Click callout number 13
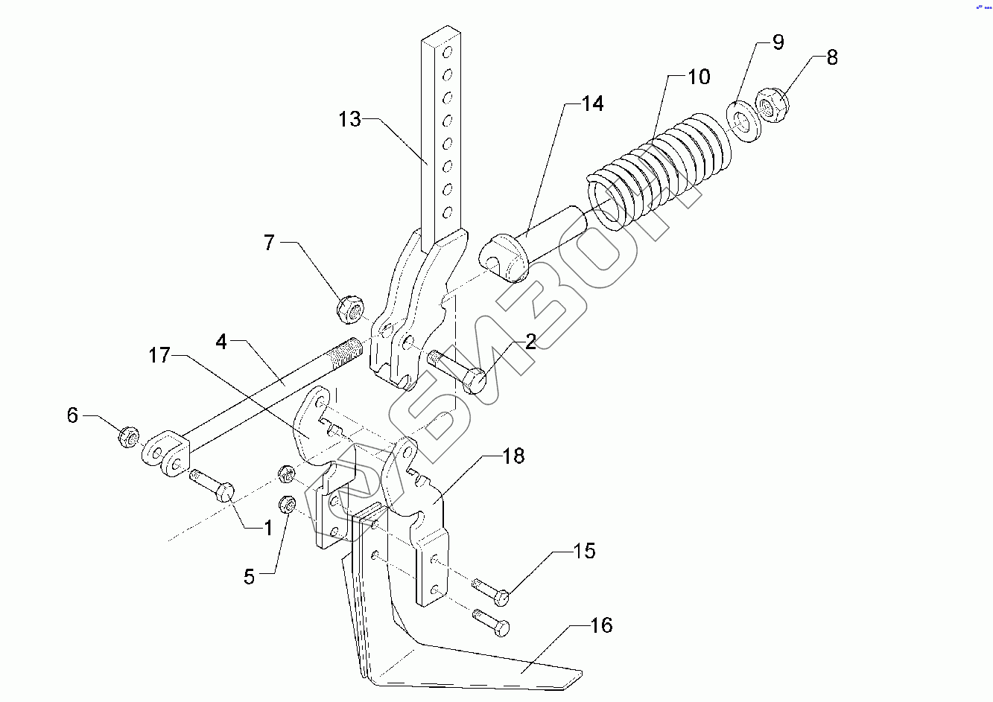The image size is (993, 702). (350, 119)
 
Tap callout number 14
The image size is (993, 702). (593, 103)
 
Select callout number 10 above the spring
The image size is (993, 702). (699, 77)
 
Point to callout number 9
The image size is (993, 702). (778, 42)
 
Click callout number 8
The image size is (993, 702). (832, 57)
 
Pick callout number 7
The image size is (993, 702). (269, 242)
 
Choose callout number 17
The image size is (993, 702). (159, 355)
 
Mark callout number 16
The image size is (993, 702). (602, 625)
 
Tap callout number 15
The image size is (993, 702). (585, 551)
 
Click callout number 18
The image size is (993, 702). (513, 456)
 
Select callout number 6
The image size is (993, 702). (72, 415)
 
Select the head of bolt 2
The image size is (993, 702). (475, 381)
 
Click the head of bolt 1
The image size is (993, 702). (224, 491)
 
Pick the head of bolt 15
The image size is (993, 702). (501, 598)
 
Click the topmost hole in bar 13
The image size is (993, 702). (447, 52)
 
